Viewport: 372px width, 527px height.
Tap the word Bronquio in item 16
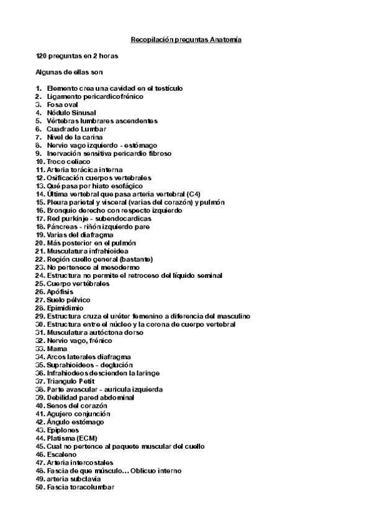[61, 211]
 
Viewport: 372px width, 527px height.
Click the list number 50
[40, 487]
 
